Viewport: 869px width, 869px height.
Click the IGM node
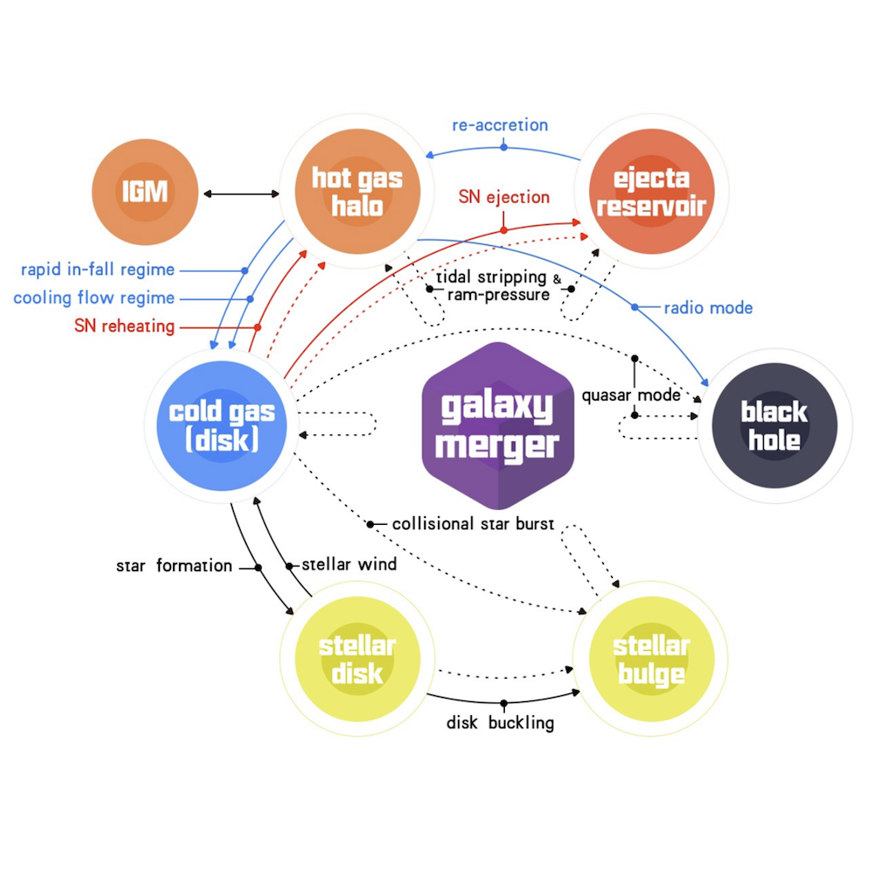click(145, 190)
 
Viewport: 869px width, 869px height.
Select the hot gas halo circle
click(357, 192)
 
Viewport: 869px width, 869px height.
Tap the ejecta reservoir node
click(651, 192)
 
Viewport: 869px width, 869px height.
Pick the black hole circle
click(774, 425)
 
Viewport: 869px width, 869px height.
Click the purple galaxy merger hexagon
click(497, 425)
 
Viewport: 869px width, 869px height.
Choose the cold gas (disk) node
click(222, 425)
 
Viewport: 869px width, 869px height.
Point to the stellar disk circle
click(356, 660)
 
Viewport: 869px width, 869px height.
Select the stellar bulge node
click(651, 660)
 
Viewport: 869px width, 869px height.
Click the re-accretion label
click(500, 125)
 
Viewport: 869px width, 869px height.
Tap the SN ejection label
click(504, 197)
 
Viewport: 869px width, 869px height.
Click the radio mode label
click(708, 308)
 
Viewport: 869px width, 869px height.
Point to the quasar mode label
click(631, 396)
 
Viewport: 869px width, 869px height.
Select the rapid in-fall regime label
click(97, 269)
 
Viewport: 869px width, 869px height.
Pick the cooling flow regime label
click(94, 298)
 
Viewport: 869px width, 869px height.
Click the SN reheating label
click(125, 327)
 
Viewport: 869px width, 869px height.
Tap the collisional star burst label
click(474, 524)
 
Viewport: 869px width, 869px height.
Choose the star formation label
click(175, 567)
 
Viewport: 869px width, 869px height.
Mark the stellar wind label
click(348, 565)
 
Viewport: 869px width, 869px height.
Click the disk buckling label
click(501, 723)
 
